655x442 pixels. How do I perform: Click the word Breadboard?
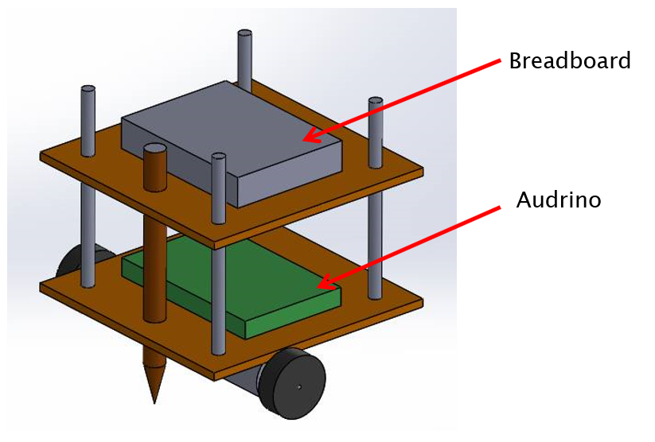pyautogui.click(x=569, y=61)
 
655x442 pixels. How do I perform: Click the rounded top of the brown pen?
pyautogui.click(x=155, y=150)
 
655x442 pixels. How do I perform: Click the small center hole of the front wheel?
pyautogui.click(x=300, y=387)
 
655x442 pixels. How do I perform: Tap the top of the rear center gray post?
pyautogui.click(x=245, y=34)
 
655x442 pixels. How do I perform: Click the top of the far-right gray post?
pyautogui.click(x=376, y=102)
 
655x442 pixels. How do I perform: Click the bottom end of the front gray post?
pyautogui.click(x=217, y=351)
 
